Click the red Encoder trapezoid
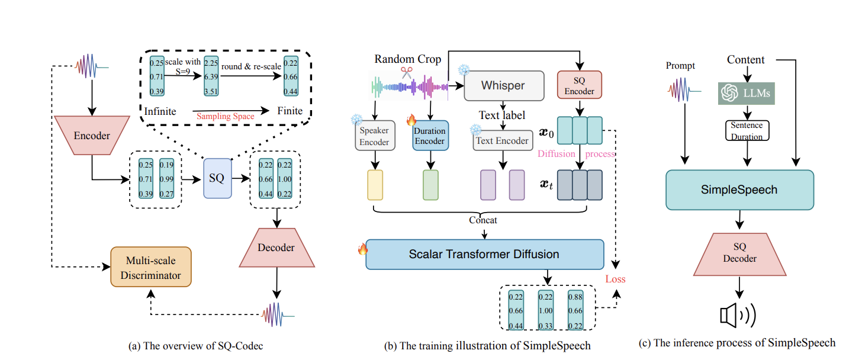tap(91, 136)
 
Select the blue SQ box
tap(217, 178)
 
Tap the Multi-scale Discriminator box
tap(150, 267)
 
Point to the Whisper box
tap(503, 86)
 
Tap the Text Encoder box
tap(503, 141)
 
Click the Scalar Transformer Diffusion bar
tap(484, 255)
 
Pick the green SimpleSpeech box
tap(739, 190)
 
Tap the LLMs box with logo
tap(746, 94)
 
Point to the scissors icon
tap(406, 73)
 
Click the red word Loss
tap(616, 279)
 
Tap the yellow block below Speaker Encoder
tap(375, 185)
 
